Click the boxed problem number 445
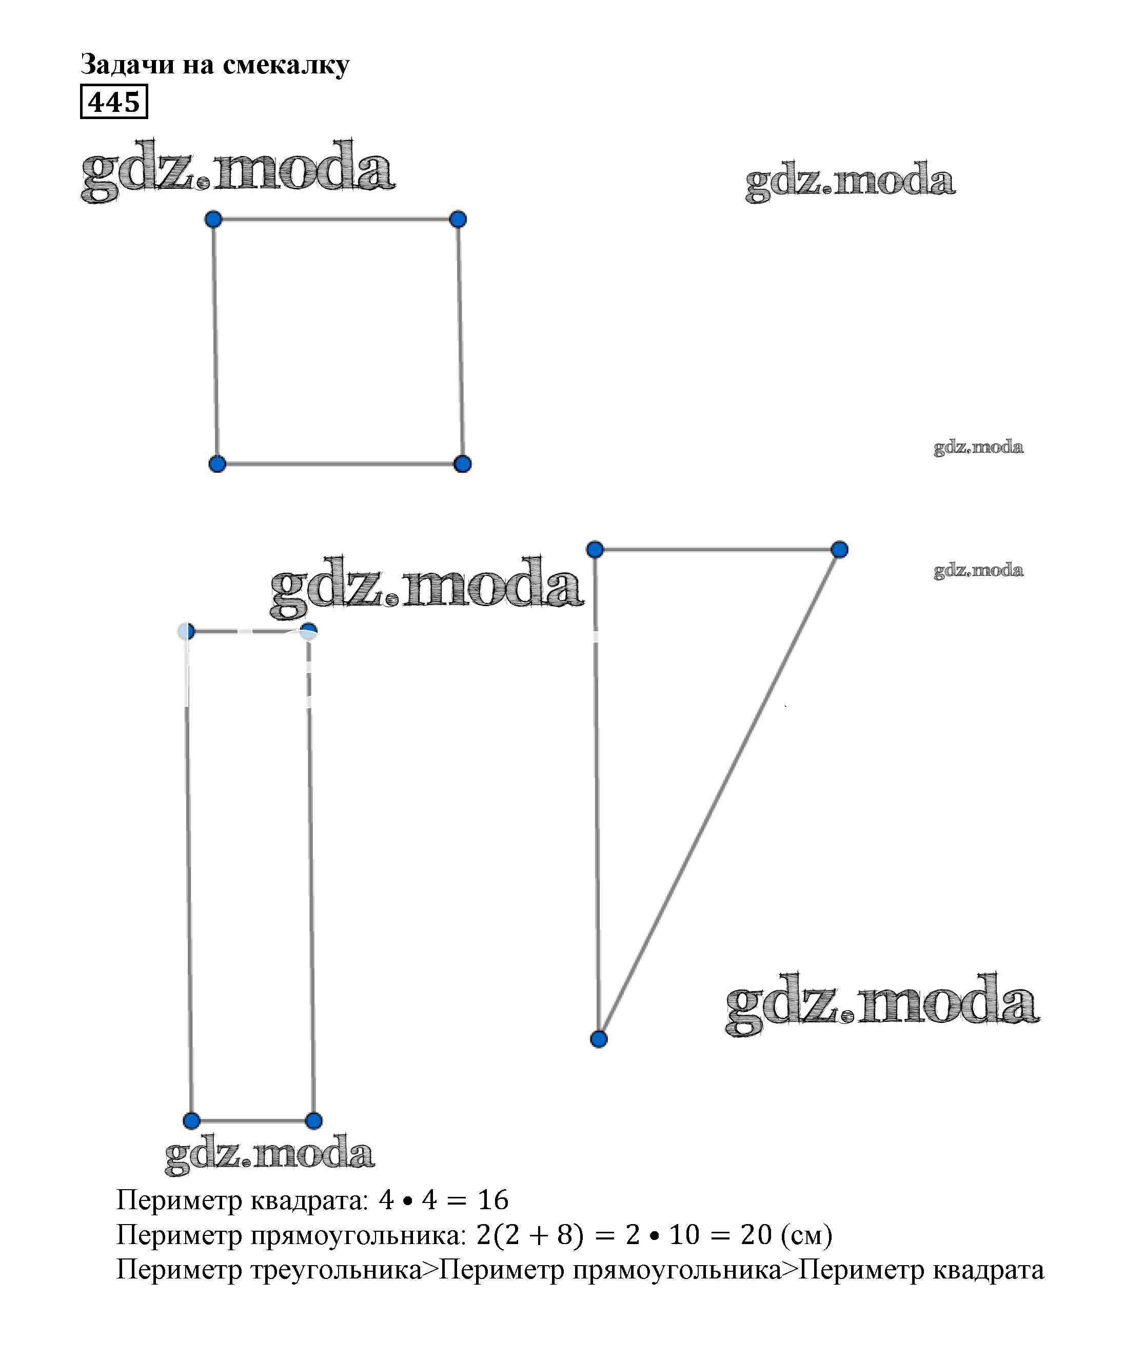pyautogui.click(x=114, y=102)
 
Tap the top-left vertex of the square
pyautogui.click(x=213, y=219)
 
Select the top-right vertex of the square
pyautogui.click(x=458, y=219)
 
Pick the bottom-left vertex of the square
pyautogui.click(x=217, y=463)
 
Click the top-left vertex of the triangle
pyautogui.click(x=595, y=549)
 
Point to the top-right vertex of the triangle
pyautogui.click(x=839, y=549)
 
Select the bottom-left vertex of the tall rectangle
pyautogui.click(x=191, y=1120)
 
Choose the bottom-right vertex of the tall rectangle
pyautogui.click(x=313, y=1120)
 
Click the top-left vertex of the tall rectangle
pyautogui.click(x=186, y=631)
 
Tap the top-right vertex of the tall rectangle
pyautogui.click(x=309, y=631)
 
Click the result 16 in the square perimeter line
pyautogui.click(x=493, y=1200)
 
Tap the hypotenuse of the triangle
pyautogui.click(x=719, y=794)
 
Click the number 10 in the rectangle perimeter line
pyautogui.click(x=684, y=1235)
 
